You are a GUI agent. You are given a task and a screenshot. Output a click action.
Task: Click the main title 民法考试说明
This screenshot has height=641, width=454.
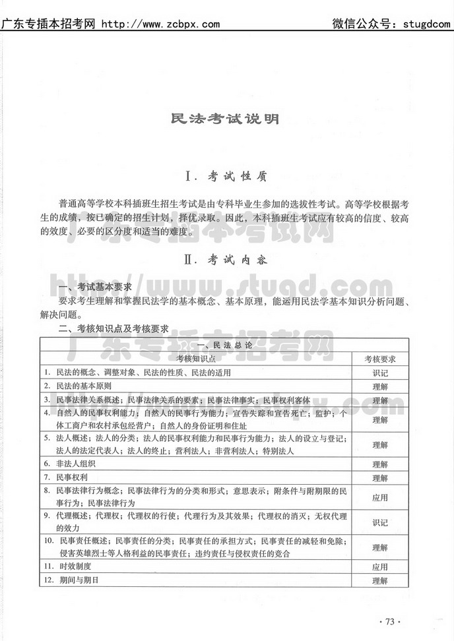coord(226,119)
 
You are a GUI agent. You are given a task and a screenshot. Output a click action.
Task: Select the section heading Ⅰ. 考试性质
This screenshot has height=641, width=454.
coord(226,176)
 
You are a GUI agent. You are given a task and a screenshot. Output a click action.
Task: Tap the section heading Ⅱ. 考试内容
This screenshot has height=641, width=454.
coord(226,259)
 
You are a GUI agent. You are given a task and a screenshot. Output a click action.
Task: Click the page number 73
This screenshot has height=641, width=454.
coord(389,621)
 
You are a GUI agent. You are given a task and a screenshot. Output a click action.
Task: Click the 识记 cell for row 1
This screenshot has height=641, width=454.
coord(380,372)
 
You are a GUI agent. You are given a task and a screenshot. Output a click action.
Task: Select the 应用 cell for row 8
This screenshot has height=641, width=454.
coord(380,498)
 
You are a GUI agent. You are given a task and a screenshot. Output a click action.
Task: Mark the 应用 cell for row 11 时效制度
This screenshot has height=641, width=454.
coord(380,566)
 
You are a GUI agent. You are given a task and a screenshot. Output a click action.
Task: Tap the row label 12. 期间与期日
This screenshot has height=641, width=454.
coord(72,580)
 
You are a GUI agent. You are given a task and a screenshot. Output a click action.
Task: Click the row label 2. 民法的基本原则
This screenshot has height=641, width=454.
coord(78,386)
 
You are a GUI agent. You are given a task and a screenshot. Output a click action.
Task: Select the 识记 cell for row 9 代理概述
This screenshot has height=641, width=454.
coord(380,522)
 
